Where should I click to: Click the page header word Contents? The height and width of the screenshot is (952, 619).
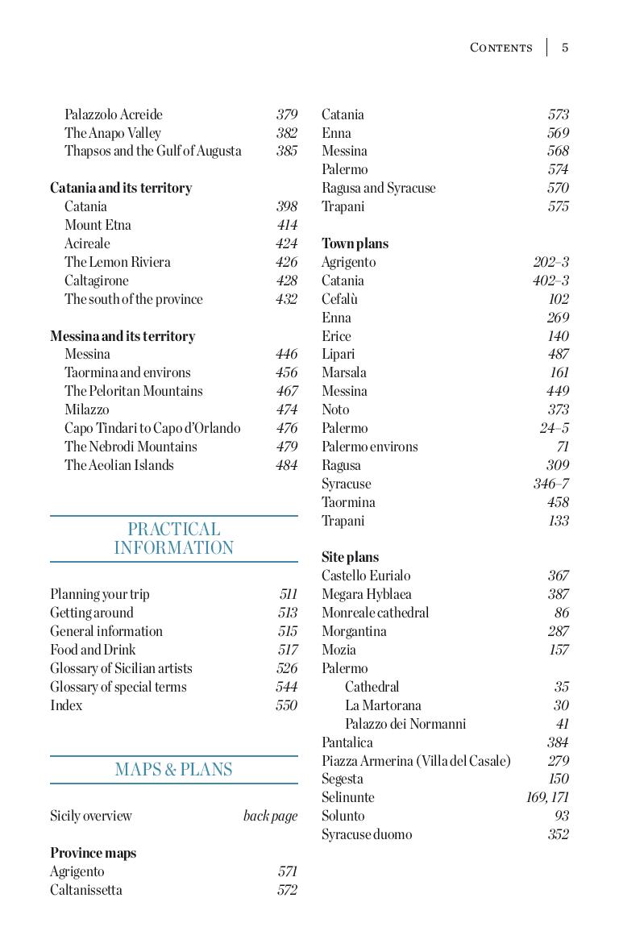point(501,48)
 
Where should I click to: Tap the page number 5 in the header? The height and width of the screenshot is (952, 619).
point(565,48)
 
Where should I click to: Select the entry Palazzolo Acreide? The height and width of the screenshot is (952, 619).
point(114,114)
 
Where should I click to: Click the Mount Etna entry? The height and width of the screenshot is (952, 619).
point(98,225)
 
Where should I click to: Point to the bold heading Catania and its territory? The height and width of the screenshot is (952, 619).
point(121,188)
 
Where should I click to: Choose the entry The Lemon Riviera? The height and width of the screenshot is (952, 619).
point(118,262)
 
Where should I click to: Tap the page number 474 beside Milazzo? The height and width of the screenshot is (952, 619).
point(286,409)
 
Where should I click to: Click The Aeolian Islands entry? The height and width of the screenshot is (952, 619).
point(119,465)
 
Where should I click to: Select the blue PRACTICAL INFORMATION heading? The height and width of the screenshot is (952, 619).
point(174,538)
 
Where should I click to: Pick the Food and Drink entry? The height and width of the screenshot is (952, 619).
point(93,650)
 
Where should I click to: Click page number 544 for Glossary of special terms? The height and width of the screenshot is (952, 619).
point(286,687)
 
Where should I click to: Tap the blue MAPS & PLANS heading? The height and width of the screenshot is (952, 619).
point(174,769)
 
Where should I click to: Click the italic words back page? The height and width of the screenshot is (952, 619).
point(270,816)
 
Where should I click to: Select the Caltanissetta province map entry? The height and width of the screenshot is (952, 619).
point(86,890)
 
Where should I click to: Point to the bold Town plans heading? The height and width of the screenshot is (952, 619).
point(355,243)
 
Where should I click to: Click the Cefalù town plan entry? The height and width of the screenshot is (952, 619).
point(339,299)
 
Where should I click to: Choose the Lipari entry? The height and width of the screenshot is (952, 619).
point(338,354)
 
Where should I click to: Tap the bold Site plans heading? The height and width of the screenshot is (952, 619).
point(350,557)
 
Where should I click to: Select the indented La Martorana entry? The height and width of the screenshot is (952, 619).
point(383,705)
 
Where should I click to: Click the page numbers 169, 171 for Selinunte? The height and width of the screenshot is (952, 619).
point(547,797)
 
